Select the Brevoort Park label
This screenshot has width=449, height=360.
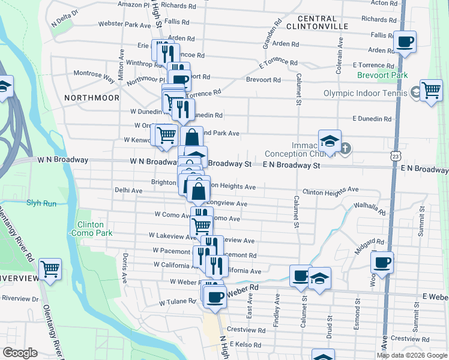(382, 75)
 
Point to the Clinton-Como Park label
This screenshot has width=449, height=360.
(91, 228)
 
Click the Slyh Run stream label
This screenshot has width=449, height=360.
(41, 203)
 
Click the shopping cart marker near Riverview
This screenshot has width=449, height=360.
(50, 269)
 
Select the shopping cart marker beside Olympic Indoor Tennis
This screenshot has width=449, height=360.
(431, 90)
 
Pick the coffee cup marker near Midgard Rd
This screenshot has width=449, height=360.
(382, 262)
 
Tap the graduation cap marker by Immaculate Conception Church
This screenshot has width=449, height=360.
(330, 141)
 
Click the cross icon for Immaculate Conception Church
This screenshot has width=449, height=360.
(345, 148)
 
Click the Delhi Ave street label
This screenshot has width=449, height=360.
(128, 190)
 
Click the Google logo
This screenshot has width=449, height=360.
(20, 353)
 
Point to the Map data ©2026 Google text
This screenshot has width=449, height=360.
(412, 355)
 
